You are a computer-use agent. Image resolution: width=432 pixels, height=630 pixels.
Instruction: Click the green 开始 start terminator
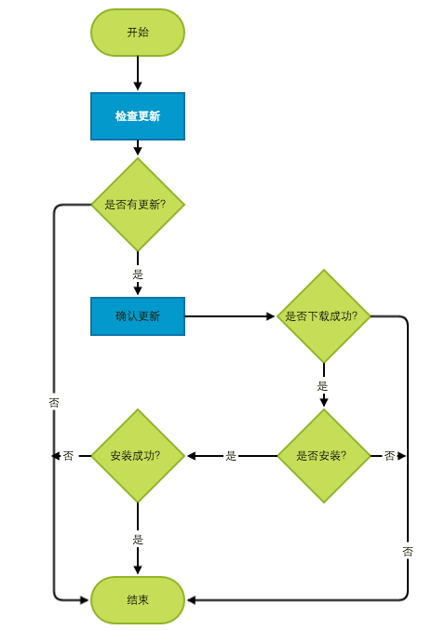coord(138,33)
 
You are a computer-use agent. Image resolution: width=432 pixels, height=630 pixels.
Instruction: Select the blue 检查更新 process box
coord(138,116)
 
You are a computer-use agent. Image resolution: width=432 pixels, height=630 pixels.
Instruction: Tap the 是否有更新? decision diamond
coord(138,205)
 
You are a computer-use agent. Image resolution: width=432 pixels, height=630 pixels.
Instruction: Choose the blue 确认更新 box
coord(138,316)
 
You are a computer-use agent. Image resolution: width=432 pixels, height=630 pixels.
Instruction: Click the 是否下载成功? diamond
coord(324,316)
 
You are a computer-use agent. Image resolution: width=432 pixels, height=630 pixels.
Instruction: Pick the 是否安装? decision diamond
coord(324,456)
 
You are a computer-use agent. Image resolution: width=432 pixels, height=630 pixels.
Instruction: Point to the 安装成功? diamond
coord(138,456)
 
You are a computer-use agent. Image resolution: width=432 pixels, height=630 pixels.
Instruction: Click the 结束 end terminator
coord(138,600)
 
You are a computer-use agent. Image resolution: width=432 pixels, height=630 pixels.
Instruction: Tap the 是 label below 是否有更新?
coord(138,275)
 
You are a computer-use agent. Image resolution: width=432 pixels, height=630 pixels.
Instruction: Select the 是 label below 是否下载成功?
coord(323,386)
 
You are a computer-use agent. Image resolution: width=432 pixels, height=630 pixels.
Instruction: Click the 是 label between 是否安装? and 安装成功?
coord(231,456)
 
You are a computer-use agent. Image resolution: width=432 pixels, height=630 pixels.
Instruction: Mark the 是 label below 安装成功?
coord(138,540)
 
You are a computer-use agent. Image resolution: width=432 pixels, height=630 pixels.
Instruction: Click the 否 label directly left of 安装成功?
coord(68,456)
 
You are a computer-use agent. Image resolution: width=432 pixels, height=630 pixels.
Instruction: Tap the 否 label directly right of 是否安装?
coord(389,456)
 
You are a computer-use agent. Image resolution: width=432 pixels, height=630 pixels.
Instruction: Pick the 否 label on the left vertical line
coord(54,403)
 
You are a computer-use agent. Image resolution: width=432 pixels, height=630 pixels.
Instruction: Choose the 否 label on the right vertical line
coord(408,552)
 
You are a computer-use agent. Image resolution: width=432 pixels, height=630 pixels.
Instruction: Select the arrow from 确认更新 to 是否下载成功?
coord(231,316)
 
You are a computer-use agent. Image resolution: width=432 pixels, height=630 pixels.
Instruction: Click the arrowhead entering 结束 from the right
coord(191,600)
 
